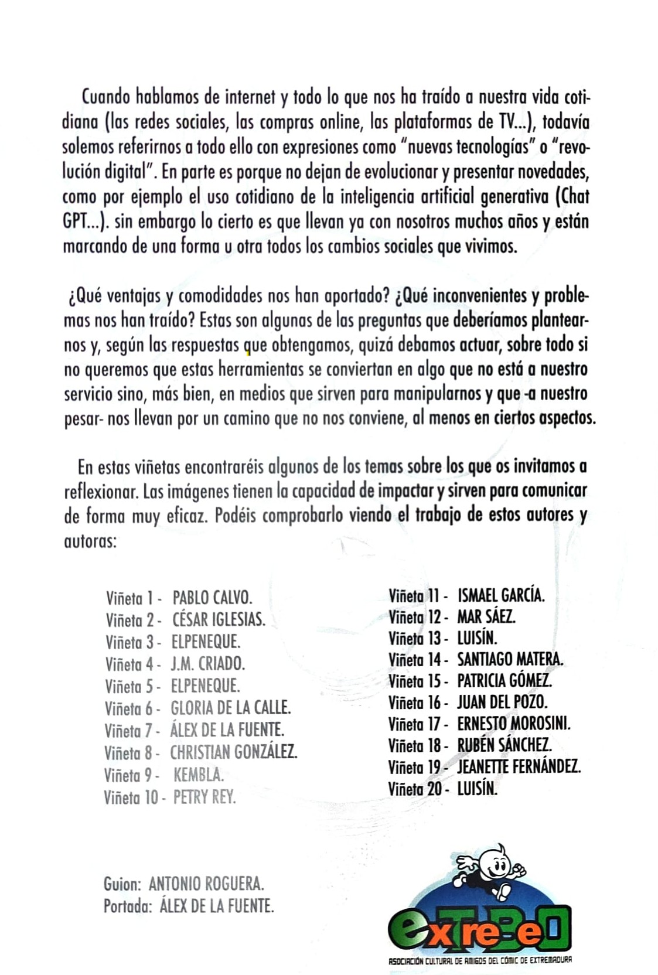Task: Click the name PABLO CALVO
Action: coord(212,598)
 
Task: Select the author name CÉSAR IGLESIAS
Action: coord(219,619)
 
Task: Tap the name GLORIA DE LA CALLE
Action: coord(230,708)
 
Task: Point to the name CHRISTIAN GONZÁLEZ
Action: coord(233,752)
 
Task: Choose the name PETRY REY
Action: coord(204,797)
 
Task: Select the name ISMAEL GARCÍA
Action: coord(500,595)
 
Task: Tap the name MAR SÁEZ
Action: coord(486,616)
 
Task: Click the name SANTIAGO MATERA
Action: coord(510,659)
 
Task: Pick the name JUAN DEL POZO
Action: coord(502,702)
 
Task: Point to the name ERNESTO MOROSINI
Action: coord(513,724)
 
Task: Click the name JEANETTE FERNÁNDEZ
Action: coord(519,766)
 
